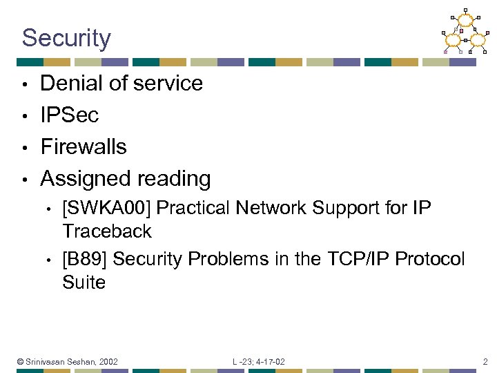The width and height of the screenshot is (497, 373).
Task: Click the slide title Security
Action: pos(66,38)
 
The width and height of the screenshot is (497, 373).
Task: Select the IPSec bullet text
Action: pos(70,115)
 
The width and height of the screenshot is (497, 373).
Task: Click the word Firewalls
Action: pos(84,147)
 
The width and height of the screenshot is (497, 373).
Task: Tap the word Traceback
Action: pos(107,231)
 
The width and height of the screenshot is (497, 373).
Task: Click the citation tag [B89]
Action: pos(84,259)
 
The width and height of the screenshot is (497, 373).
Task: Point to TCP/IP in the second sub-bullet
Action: pos(353,259)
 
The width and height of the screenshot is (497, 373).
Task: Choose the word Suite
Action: pos(84,282)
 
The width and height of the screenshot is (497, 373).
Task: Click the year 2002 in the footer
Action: pos(108,362)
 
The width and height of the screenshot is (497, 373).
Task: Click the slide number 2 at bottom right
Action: pos(485,362)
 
